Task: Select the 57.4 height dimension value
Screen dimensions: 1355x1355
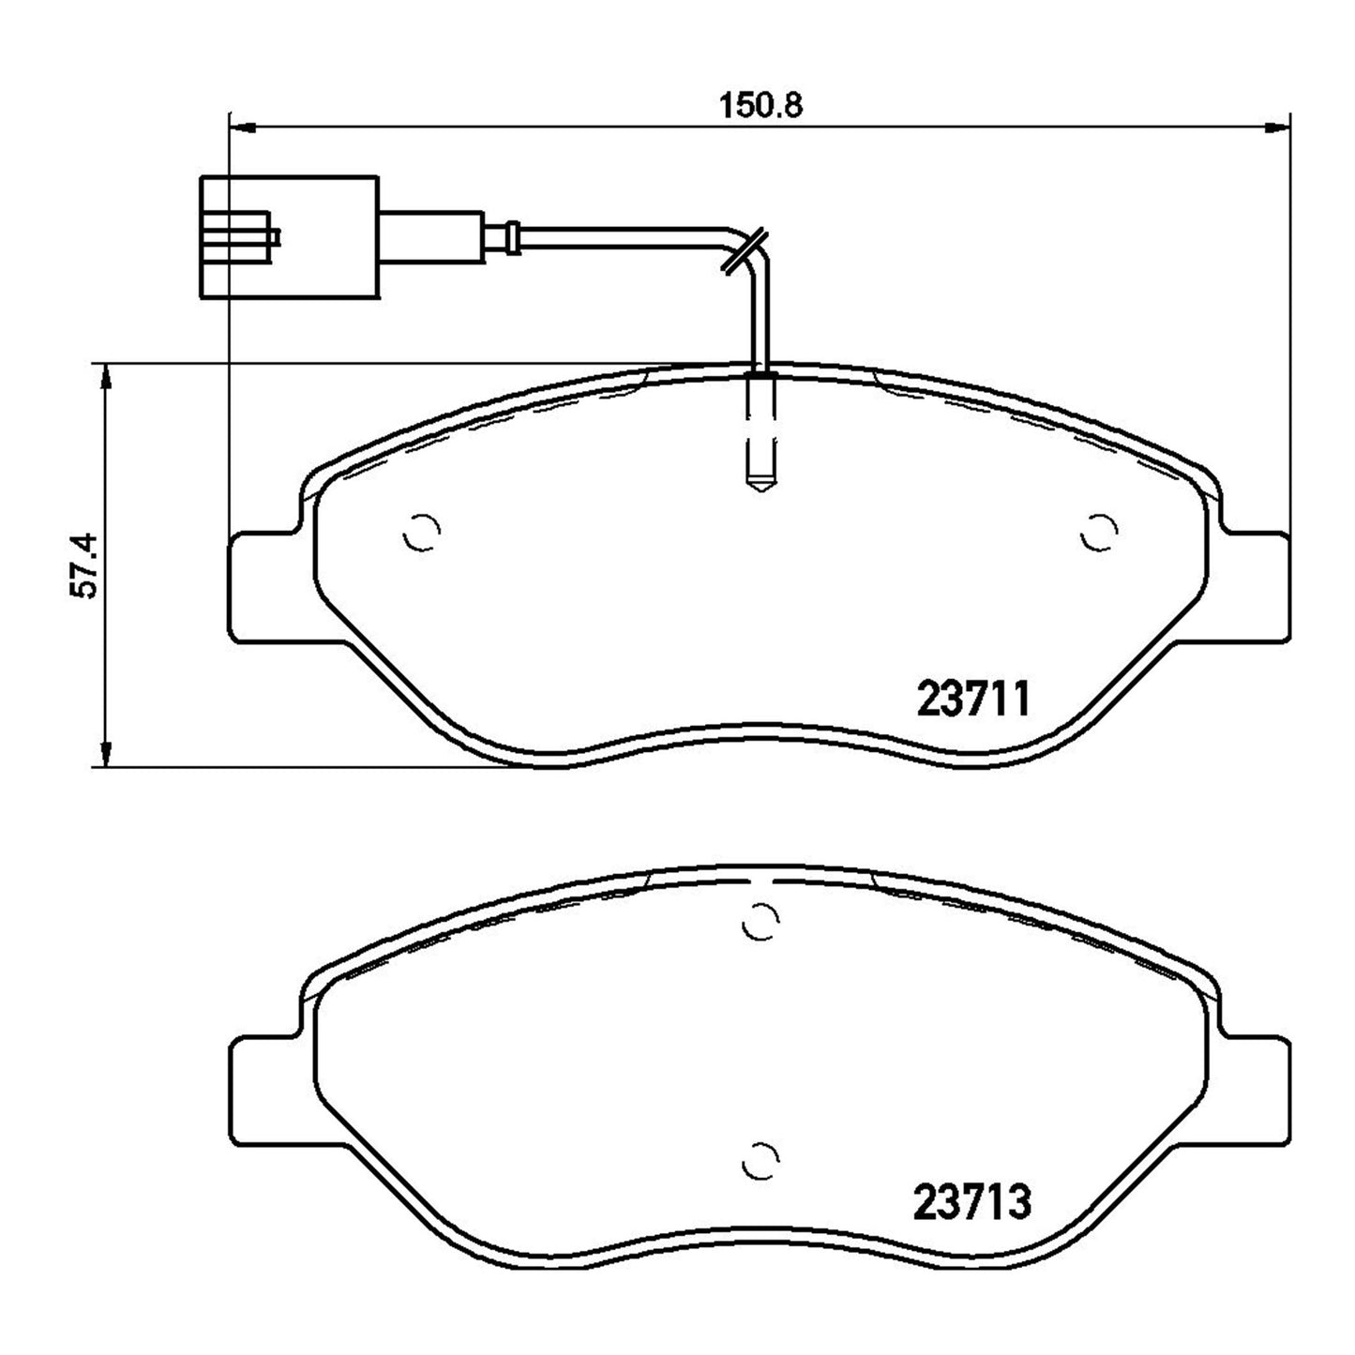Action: [83, 566]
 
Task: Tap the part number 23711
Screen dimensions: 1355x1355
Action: [973, 698]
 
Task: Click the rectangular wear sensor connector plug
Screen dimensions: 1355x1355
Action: [290, 237]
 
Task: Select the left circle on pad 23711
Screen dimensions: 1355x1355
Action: [422, 533]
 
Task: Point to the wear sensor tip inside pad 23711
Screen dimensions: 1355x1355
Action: [760, 431]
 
